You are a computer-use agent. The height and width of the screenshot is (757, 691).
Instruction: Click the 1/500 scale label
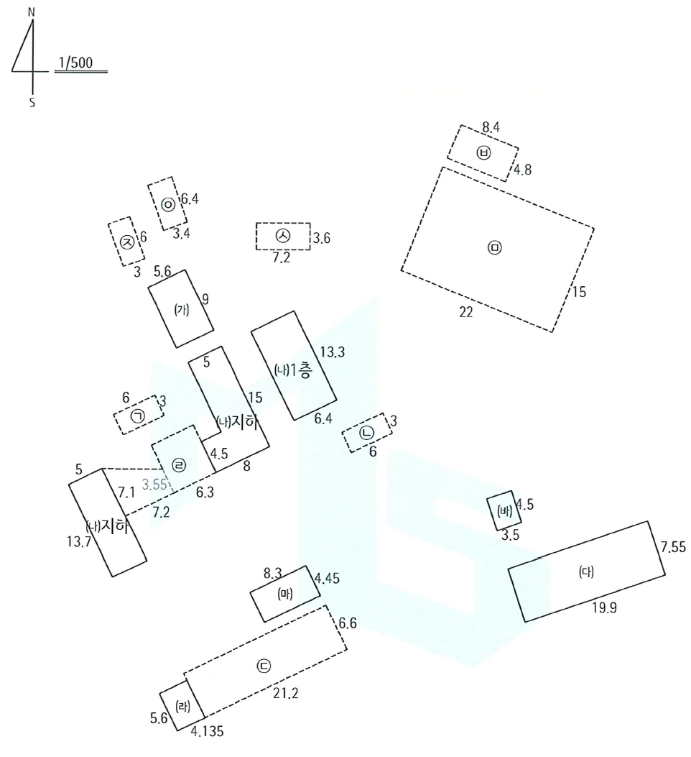tap(75, 63)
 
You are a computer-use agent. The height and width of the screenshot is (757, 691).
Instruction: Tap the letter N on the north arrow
tap(32, 12)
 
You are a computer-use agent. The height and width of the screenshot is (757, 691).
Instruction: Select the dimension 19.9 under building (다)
tap(604, 607)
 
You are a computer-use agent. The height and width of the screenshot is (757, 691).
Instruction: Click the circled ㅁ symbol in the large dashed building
tap(495, 248)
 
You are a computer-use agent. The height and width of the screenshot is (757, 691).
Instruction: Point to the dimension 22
tap(465, 312)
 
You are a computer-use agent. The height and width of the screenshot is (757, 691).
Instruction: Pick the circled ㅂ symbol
tap(483, 153)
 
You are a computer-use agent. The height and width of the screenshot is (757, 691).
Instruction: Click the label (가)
tap(182, 309)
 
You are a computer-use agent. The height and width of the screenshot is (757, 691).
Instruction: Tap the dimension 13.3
tap(333, 352)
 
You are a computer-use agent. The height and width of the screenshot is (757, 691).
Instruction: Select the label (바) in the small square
tap(504, 511)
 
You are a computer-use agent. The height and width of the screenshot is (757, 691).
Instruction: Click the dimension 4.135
tap(207, 731)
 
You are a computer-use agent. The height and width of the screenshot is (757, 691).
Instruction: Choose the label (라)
tap(182, 707)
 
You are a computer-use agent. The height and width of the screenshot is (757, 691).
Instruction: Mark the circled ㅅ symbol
tap(283, 236)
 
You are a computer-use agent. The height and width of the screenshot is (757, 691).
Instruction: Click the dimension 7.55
tap(673, 547)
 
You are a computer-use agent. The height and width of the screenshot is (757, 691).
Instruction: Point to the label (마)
tap(284, 594)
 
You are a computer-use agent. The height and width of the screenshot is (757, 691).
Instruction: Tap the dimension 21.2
tap(285, 694)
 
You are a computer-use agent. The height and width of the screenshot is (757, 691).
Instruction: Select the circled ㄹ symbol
tap(179, 465)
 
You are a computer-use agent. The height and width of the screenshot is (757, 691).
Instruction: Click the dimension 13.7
tap(79, 541)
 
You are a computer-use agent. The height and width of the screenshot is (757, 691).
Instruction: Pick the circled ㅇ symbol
tap(168, 205)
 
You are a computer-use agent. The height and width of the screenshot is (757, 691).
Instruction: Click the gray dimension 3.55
tap(154, 485)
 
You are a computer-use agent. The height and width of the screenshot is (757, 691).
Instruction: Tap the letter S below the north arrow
tap(32, 103)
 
